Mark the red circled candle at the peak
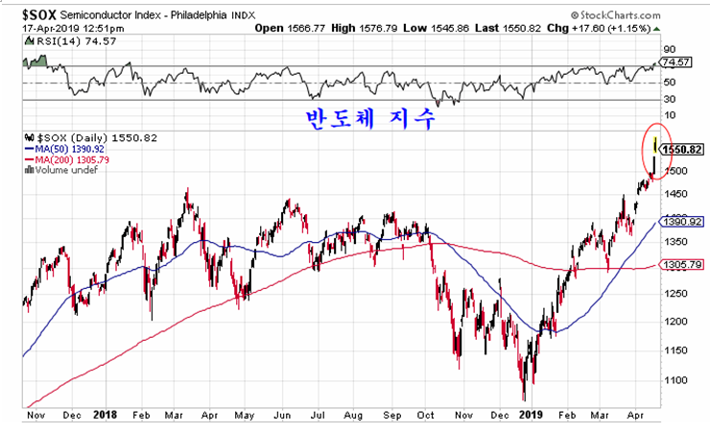pos(654,154)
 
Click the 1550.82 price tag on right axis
pos(682,151)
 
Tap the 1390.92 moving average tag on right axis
pos(682,221)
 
